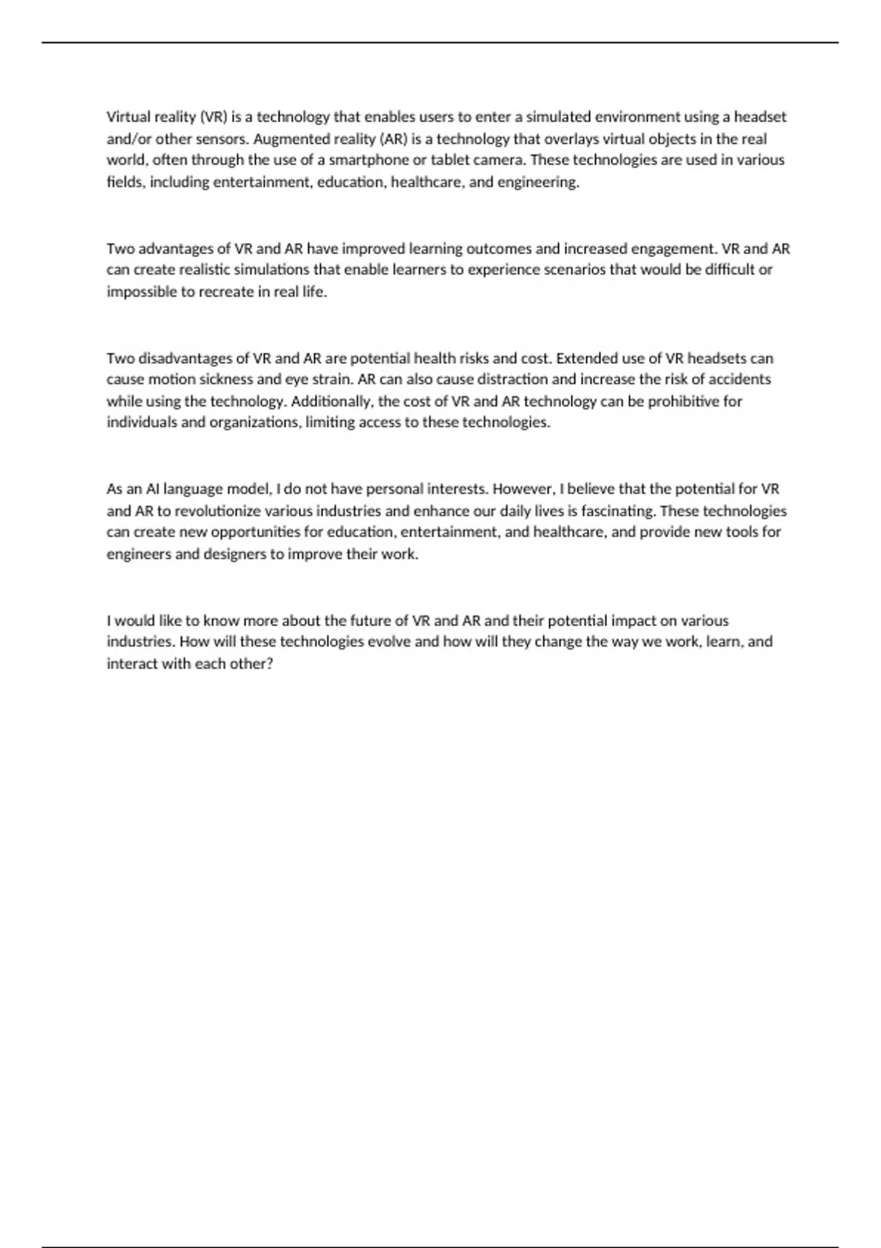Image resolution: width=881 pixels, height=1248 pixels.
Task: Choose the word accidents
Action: coord(739,380)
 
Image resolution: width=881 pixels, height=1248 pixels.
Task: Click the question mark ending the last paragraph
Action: coord(270,664)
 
